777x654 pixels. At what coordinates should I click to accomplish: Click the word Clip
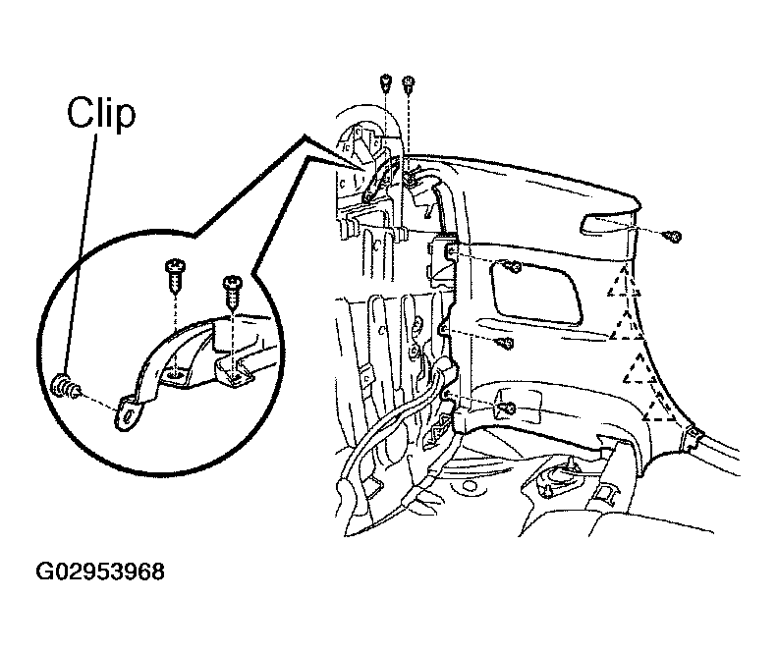[101, 114]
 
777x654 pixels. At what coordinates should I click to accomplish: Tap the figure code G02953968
[100, 572]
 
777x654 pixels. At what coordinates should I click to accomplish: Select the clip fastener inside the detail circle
[64, 386]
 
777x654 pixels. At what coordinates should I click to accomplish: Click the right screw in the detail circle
[232, 293]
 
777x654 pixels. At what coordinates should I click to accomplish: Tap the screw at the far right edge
[674, 238]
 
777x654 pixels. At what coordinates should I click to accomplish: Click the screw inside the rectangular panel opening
[514, 268]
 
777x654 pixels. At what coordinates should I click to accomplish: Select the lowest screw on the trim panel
[507, 408]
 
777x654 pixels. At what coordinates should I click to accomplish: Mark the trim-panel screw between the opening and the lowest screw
[506, 343]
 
